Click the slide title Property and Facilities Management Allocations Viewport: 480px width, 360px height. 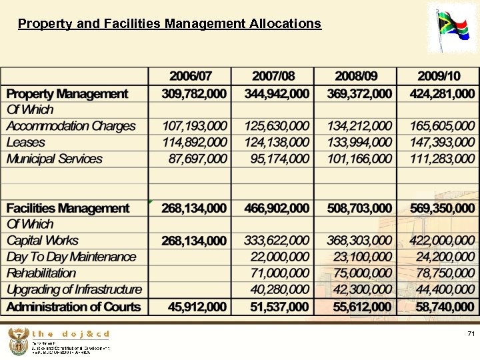[169, 24]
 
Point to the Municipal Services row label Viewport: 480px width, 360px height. [55, 159]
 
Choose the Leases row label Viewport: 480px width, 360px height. [26, 142]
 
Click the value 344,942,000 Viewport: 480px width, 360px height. [277, 94]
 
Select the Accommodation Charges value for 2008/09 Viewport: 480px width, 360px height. [359, 126]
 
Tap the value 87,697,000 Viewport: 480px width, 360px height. [198, 159]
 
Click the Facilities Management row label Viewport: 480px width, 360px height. [68, 208]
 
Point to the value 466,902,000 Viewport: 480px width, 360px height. [277, 208]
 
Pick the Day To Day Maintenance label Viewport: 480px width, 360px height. [71, 257]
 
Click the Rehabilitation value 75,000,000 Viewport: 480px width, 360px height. [359, 273]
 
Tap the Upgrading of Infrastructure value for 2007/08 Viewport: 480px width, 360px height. [280, 289]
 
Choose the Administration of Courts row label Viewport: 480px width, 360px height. [74, 307]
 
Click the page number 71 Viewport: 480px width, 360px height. [471, 333]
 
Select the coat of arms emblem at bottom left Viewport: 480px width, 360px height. [18, 341]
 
